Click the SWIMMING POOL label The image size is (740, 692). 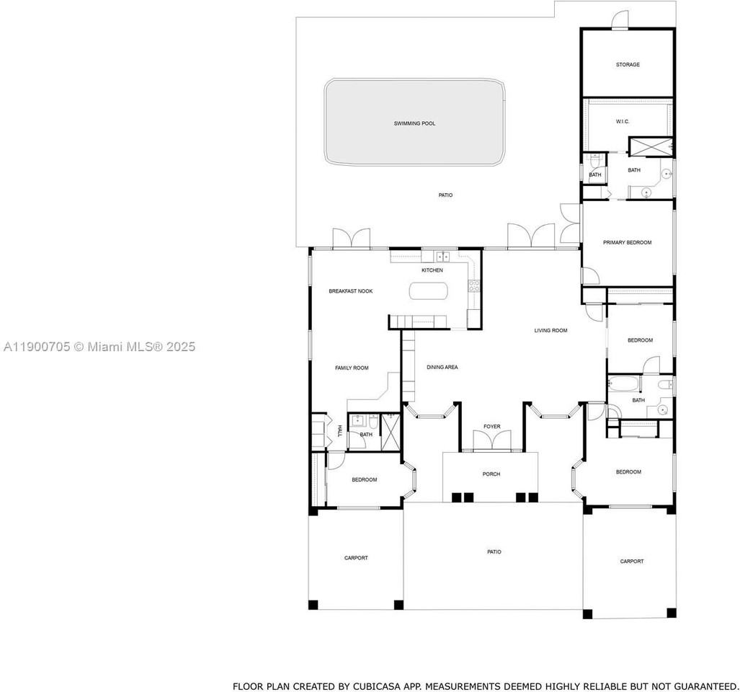point(414,123)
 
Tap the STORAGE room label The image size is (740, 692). point(627,65)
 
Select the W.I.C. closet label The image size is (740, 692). point(623,122)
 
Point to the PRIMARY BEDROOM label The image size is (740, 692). point(627,243)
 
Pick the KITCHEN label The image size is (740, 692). point(432,270)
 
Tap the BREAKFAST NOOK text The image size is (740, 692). point(350,291)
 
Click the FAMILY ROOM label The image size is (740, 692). point(352,368)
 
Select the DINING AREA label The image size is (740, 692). point(442,368)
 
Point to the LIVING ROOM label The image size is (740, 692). point(550,331)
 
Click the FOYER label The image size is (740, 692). point(491,427)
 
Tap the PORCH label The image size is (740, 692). point(491,474)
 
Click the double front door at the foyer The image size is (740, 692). point(491,441)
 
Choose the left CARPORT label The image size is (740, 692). point(356,558)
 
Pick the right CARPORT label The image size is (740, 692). point(632,562)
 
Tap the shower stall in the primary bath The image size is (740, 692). point(650,146)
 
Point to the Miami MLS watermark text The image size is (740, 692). point(99,347)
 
